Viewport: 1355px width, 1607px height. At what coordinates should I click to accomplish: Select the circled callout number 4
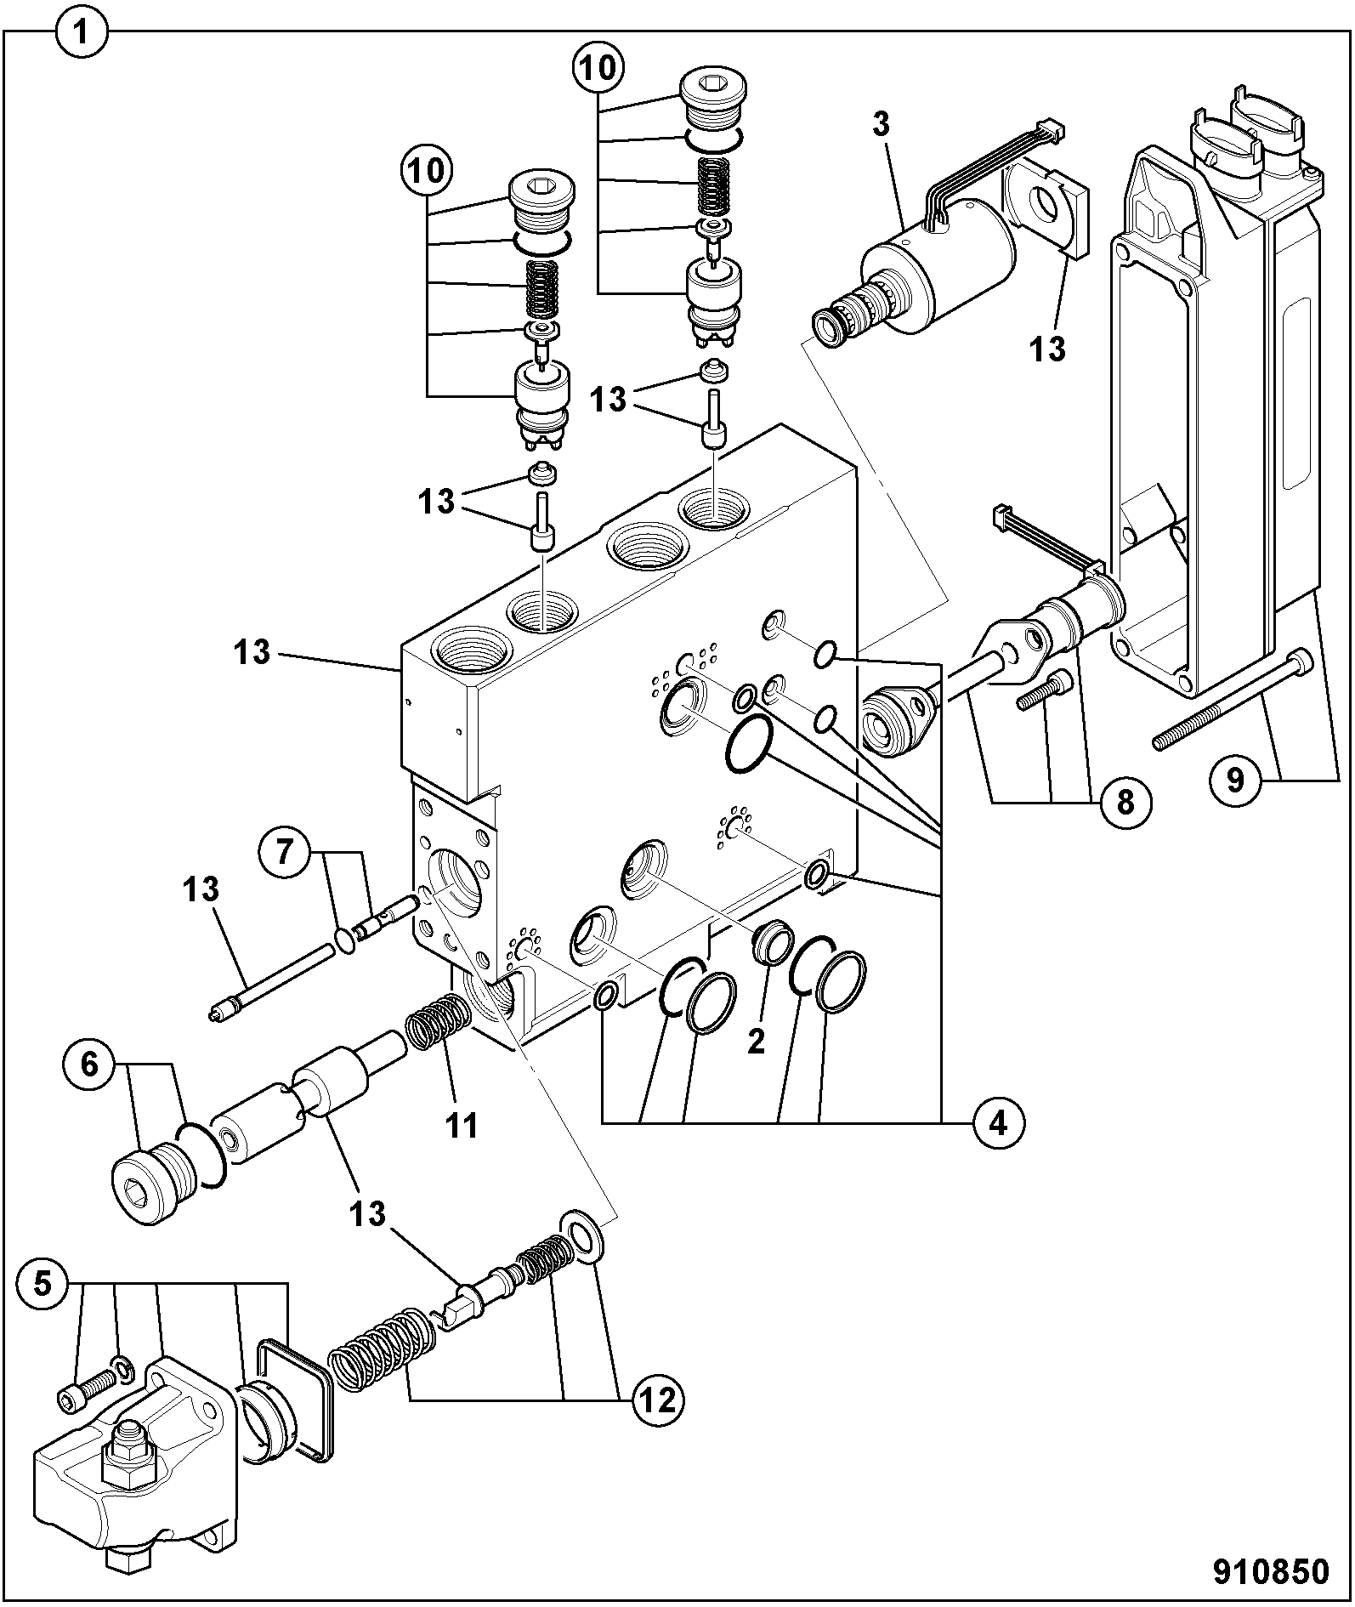(997, 1124)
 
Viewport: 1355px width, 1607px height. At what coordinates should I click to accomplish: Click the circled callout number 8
(1125, 801)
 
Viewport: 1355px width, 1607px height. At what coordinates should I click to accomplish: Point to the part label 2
(756, 1041)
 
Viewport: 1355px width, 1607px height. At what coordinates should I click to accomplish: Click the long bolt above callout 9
(1233, 700)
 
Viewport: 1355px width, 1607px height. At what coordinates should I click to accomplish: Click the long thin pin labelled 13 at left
(272, 979)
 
